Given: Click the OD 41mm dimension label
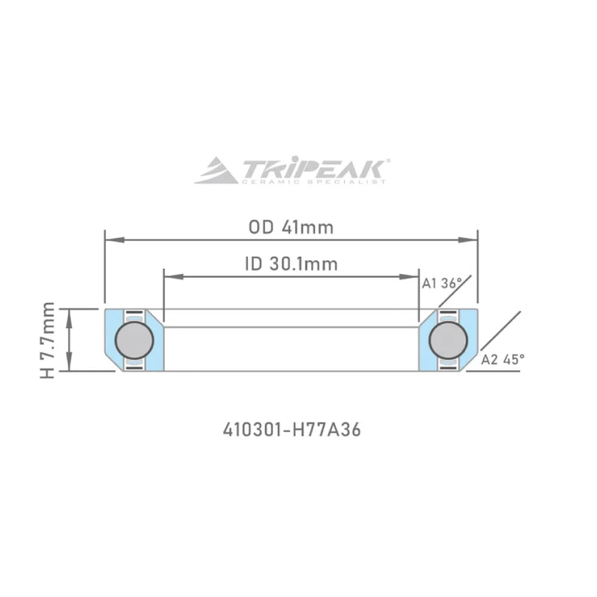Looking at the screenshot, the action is [x=291, y=228].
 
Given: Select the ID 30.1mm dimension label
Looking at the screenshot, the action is [x=291, y=264].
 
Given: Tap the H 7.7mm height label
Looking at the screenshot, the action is [x=48, y=340].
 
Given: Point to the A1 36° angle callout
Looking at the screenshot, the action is [x=442, y=284].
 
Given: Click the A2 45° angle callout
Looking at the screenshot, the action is [x=502, y=360].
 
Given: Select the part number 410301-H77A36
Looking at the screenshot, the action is [x=292, y=430].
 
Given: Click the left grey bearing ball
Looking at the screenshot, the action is [x=134, y=340].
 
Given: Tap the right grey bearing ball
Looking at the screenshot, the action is [x=448, y=340].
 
